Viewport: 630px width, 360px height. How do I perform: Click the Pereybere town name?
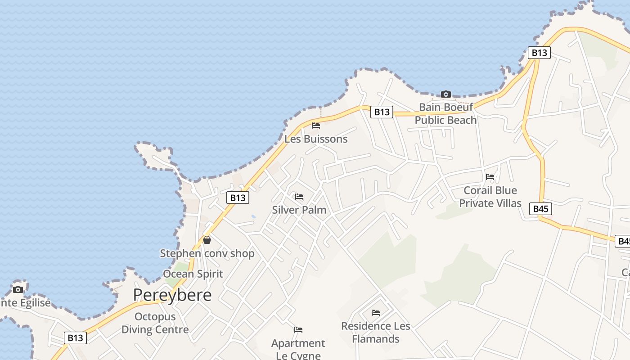tap(172, 295)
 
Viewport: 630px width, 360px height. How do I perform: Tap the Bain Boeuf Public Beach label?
tap(445, 113)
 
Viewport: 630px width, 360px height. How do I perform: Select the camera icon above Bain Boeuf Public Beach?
tap(446, 94)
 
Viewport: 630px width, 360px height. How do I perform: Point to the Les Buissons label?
tap(316, 139)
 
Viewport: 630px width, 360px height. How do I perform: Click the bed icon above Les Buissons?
tap(316, 125)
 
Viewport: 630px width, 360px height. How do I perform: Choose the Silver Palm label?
tap(299, 210)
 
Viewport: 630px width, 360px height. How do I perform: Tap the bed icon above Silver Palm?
tap(299, 197)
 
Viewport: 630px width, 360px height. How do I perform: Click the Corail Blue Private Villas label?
tap(490, 197)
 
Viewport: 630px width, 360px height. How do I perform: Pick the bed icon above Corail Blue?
tap(490, 177)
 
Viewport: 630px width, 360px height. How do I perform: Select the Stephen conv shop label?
tap(207, 253)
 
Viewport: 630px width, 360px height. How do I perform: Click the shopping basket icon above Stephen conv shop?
tap(207, 240)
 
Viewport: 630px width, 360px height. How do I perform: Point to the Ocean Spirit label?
tap(193, 274)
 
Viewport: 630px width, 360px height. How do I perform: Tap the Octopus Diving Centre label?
tap(155, 323)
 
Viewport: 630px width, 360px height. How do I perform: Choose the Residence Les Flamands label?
tap(376, 332)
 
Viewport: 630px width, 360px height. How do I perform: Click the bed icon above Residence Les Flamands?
tap(376, 312)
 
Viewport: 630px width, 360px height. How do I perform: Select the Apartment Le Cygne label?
tap(298, 349)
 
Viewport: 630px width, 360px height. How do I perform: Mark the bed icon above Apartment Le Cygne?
tap(298, 330)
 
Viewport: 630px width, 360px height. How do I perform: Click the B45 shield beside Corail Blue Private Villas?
tap(540, 209)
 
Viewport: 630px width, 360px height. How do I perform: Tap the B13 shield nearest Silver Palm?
tap(238, 198)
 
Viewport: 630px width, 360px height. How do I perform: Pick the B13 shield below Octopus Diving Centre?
tap(75, 338)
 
